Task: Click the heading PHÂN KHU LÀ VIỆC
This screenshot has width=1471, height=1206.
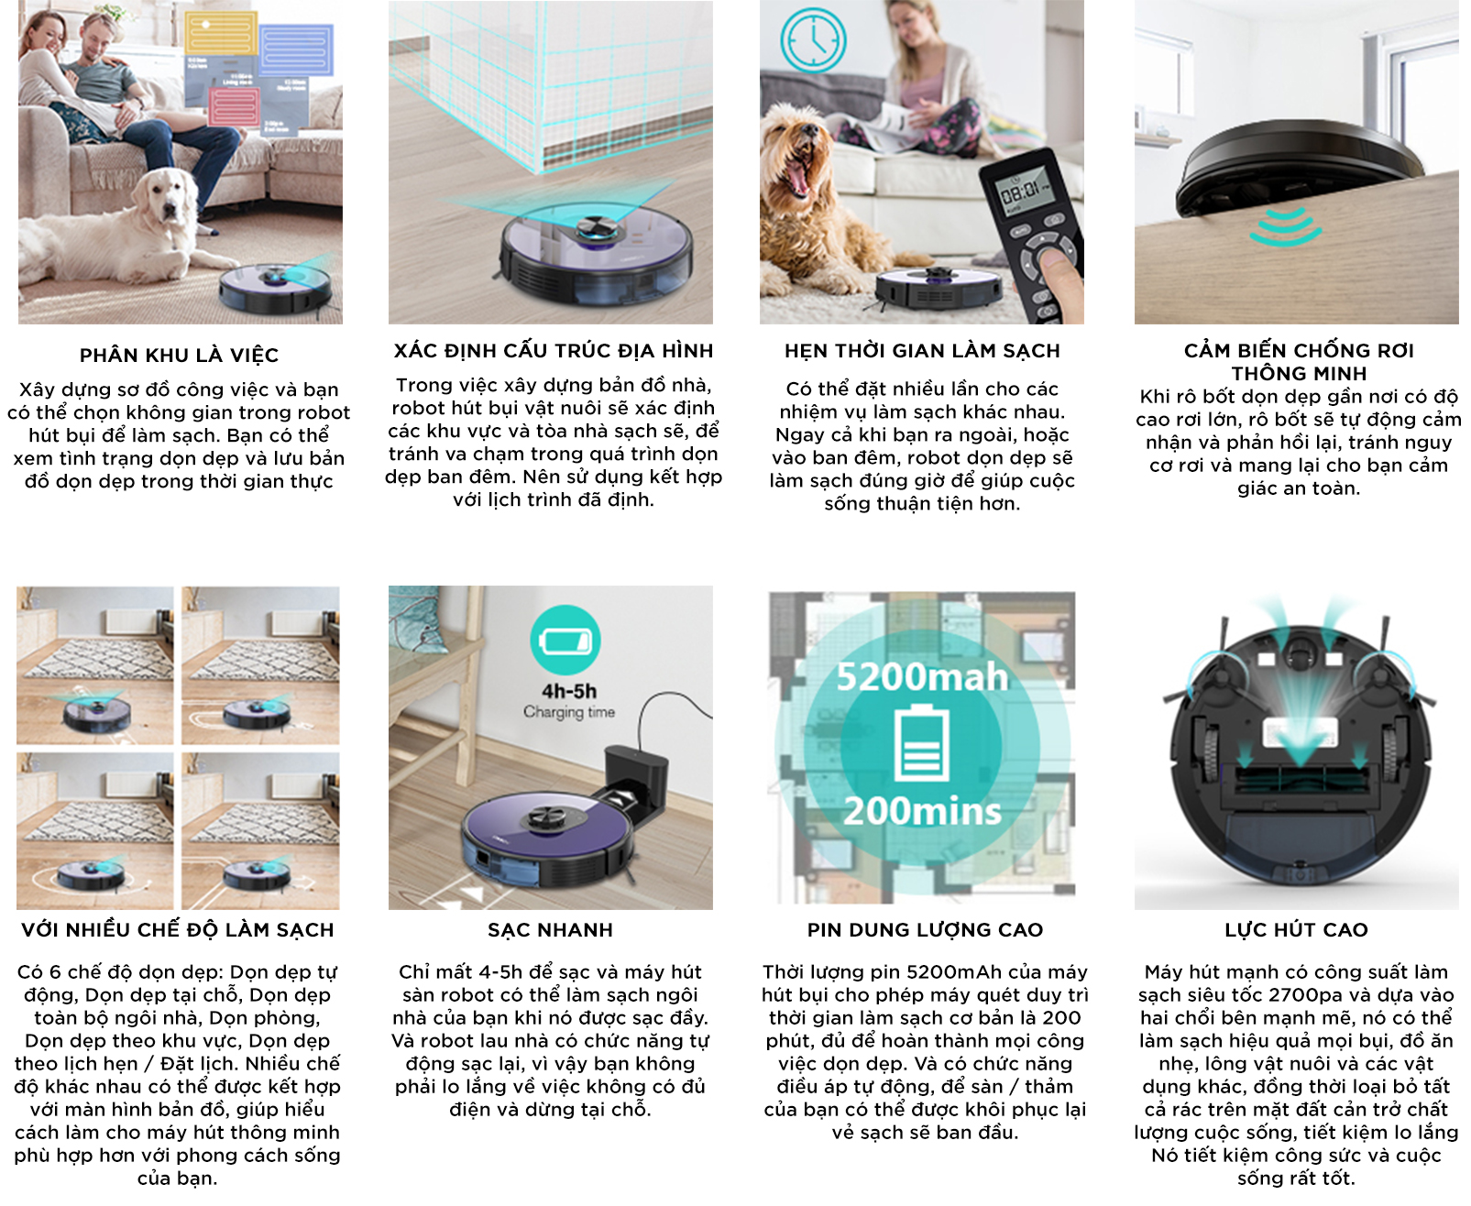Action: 179,356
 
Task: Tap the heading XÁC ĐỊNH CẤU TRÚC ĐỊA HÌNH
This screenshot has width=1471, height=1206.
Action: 553,351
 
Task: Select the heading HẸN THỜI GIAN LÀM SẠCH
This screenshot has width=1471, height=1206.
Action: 922,351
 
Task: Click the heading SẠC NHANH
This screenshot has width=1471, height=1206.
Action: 550,930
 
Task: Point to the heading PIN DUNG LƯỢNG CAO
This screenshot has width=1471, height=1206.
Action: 925,930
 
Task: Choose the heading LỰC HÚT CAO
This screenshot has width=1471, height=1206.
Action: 1296,930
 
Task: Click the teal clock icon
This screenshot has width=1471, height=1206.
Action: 813,39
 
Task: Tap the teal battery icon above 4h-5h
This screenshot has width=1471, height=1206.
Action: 565,640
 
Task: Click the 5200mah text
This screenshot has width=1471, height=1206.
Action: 922,677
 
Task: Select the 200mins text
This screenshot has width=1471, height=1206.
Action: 922,812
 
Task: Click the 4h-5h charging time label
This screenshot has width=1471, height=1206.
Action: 569,692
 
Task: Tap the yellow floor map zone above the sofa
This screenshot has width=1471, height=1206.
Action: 221,34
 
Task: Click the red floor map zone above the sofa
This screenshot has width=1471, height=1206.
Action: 234,106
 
